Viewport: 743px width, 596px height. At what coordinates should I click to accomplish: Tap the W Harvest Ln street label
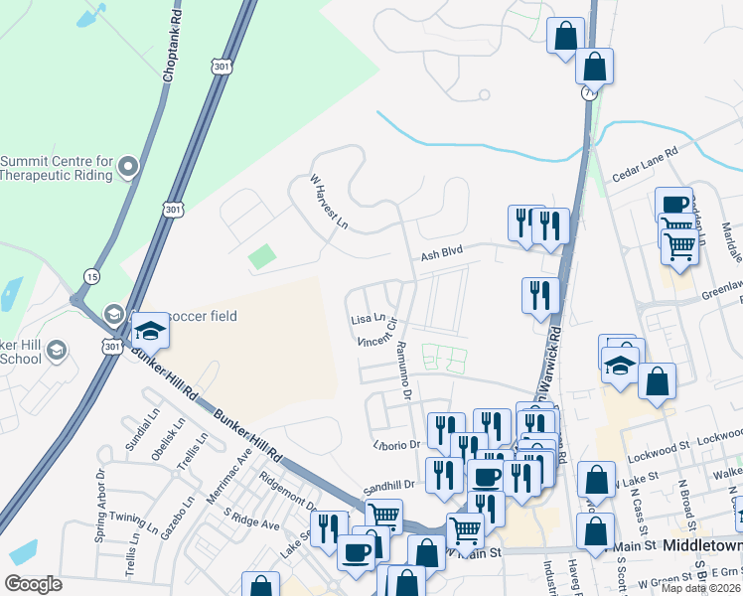329,204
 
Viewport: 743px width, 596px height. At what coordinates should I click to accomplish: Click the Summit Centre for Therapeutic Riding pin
127,168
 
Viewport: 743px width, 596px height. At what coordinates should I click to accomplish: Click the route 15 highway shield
92,275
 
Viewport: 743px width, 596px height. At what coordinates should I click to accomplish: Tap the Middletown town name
702,546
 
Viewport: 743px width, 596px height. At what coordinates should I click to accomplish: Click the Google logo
33,584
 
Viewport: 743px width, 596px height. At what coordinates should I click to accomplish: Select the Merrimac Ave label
226,484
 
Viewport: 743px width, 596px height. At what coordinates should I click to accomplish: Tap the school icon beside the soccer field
150,330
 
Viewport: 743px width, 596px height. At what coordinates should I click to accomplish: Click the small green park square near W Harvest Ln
261,256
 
